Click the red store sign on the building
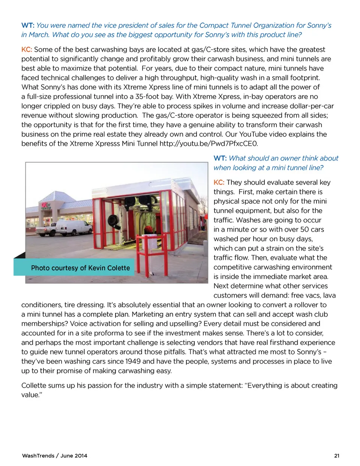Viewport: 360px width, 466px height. (x=46, y=206)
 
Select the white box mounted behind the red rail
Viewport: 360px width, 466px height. (x=152, y=242)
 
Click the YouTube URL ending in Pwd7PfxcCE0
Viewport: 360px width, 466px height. (x=208, y=144)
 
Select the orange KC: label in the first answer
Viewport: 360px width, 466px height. (x=27, y=50)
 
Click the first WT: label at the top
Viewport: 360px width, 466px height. (x=28, y=26)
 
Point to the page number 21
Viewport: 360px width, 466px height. (x=336, y=455)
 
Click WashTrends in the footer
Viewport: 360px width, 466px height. (x=38, y=455)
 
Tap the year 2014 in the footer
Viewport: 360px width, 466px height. (x=81, y=455)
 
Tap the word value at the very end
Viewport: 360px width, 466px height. (x=30, y=395)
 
